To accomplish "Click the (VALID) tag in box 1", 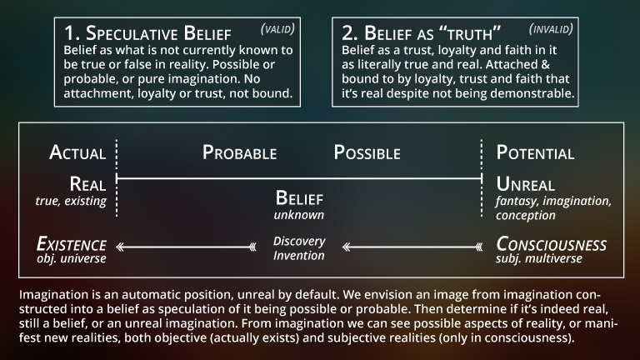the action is pos(277,29).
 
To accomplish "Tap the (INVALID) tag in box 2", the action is pos(551,29).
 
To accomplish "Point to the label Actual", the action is pos(77,152).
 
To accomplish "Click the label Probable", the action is pos(240,152).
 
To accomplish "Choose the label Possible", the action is pos(367,152).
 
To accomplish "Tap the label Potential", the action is pos(535,152).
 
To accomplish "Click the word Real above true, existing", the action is pos(87,184).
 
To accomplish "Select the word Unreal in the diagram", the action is pos(525,184).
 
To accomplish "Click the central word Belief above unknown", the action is pos(299,198).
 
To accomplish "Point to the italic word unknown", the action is pos(299,215).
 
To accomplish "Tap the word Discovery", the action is pos(299,241).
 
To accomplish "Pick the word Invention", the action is pos(299,256).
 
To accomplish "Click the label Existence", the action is pos(72,244).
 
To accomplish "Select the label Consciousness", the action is pos(551,244).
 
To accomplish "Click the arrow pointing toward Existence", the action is pos(186,247).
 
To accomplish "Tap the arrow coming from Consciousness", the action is pos(412,247).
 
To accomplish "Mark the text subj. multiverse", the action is pos(539,259).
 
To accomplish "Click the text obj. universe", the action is pos(72,259).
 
